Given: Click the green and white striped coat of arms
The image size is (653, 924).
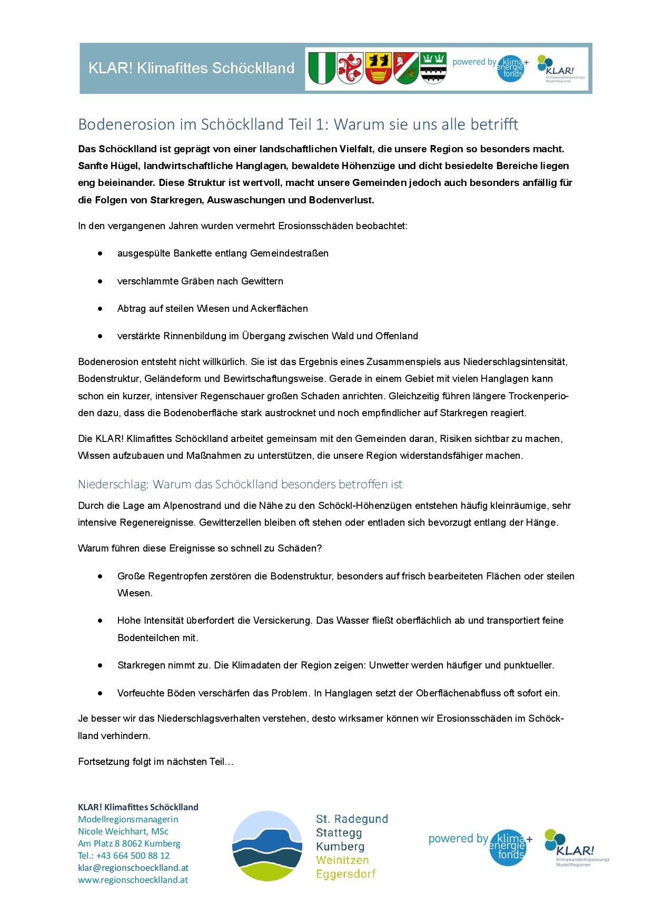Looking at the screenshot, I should click(321, 68).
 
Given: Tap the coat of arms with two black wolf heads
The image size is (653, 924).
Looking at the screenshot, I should click(378, 68).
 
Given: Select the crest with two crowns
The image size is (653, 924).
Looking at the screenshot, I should click(433, 68).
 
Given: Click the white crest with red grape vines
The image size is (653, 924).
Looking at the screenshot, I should click(350, 68).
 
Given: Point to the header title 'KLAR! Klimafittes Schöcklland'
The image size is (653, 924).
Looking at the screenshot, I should click(191, 68).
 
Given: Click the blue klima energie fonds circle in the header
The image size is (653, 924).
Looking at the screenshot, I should click(510, 68).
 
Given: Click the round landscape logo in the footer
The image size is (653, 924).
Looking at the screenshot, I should click(267, 846).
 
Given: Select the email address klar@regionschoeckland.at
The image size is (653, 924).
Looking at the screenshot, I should click(133, 868).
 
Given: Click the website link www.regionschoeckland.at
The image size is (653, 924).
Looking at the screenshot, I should click(133, 880).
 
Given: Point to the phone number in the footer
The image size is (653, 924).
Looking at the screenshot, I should click(124, 856).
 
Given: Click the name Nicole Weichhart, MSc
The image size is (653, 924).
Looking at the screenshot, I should click(123, 831).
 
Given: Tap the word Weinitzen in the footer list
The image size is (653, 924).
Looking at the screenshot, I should click(342, 860).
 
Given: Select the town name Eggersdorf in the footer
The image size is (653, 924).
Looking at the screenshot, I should click(345, 874).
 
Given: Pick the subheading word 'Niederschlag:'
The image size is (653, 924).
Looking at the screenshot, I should click(113, 484).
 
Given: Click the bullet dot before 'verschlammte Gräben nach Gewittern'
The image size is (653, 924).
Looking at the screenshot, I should click(100, 281).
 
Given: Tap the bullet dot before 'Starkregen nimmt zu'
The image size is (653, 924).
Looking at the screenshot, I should click(100, 665).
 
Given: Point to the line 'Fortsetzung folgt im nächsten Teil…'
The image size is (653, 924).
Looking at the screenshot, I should click(156, 762).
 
